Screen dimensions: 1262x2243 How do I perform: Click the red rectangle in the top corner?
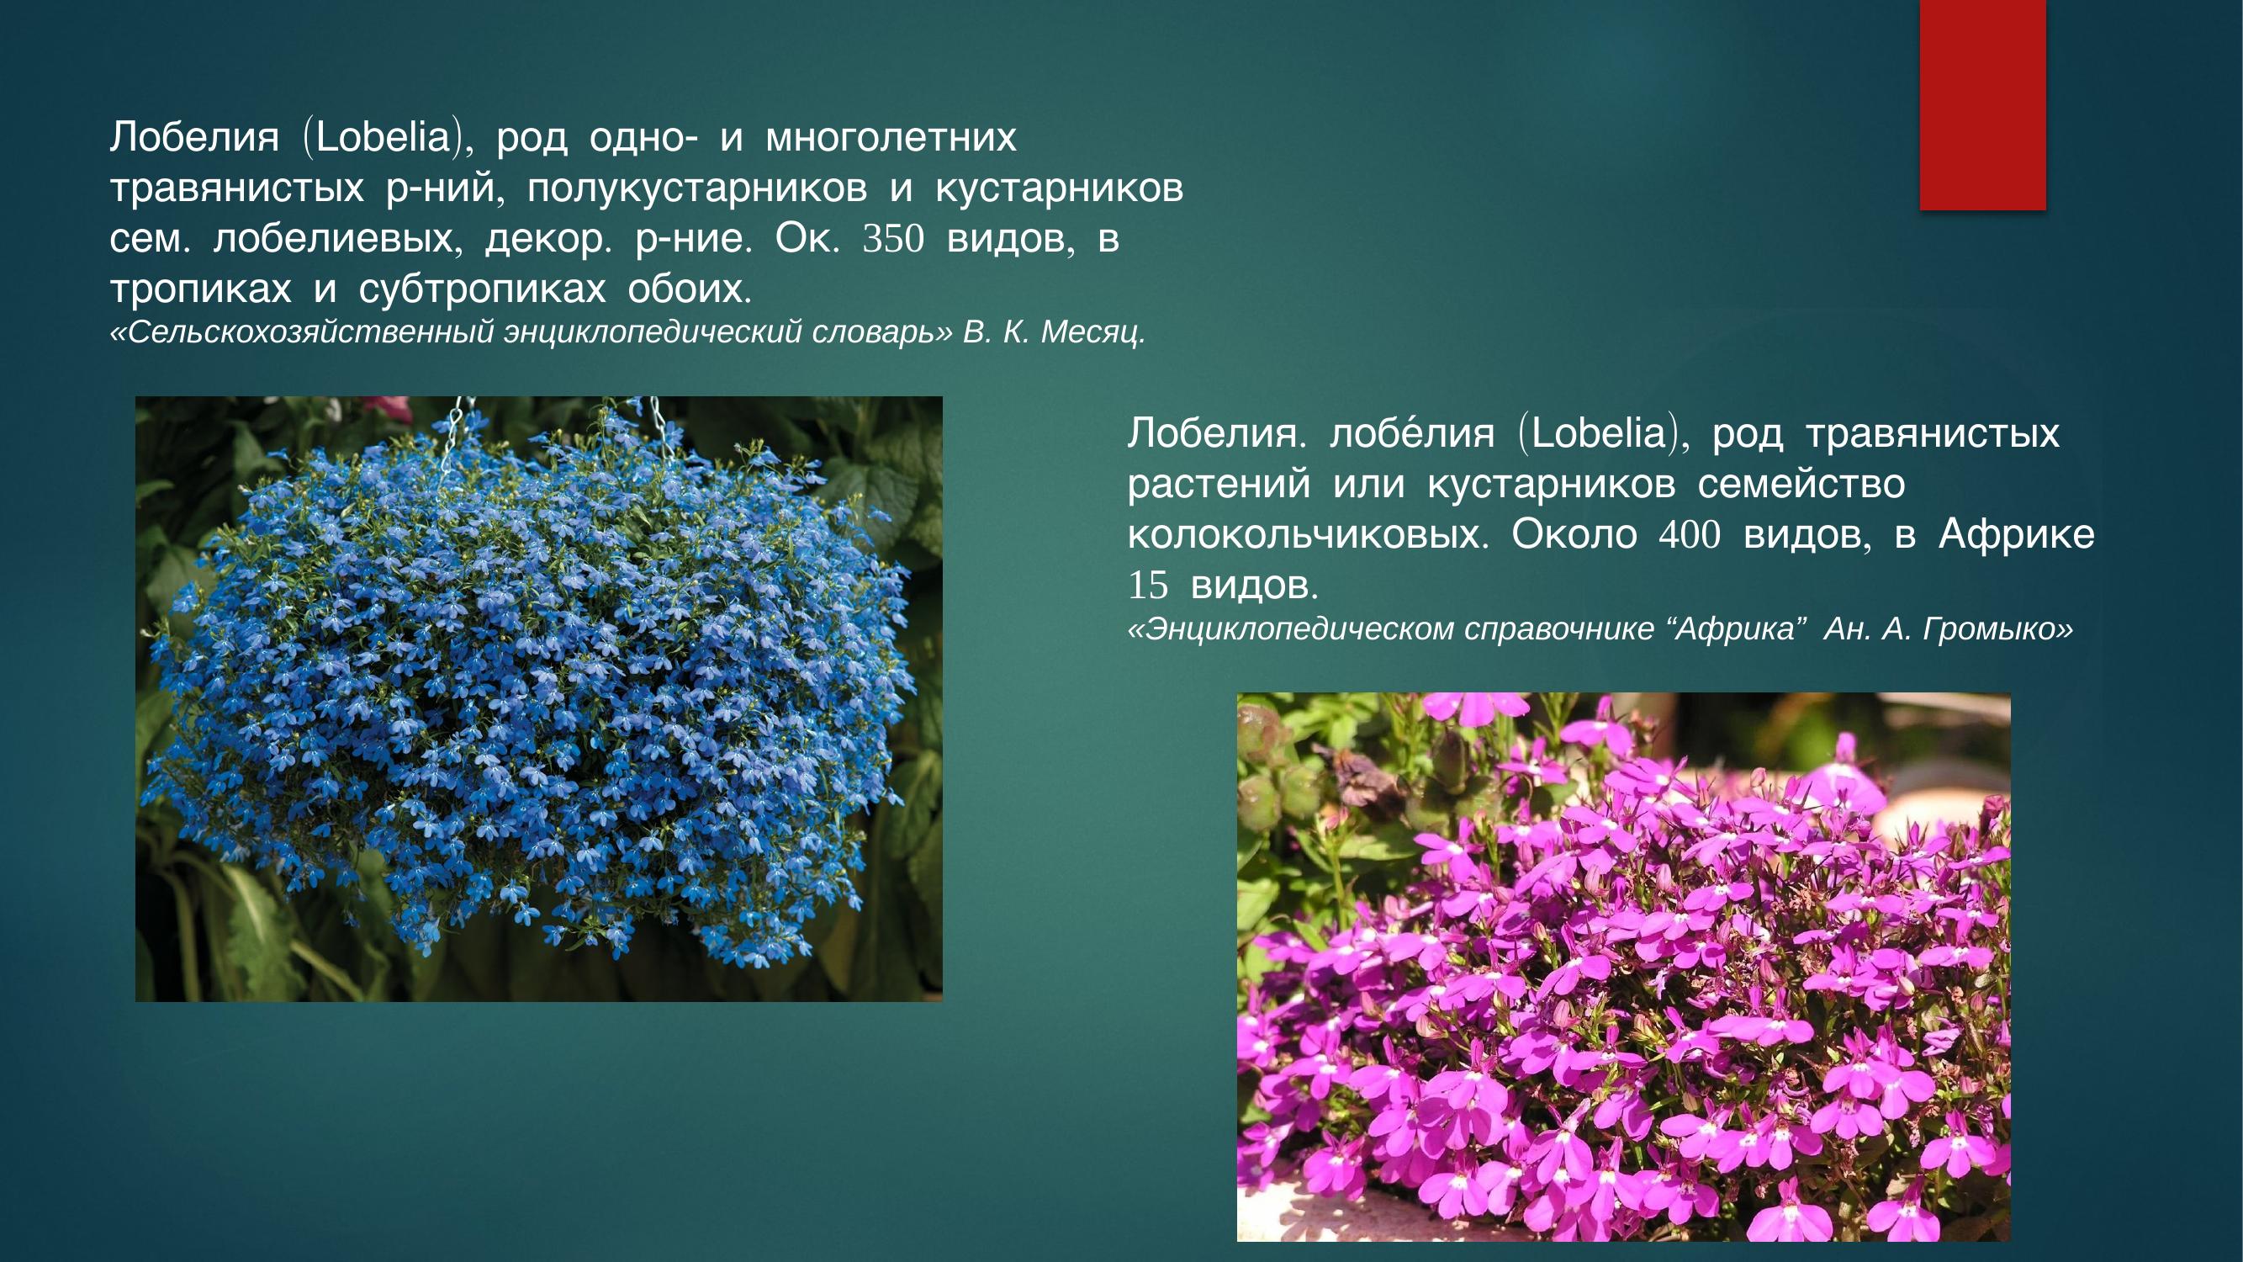tap(1982, 104)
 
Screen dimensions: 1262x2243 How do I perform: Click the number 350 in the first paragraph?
tap(892, 240)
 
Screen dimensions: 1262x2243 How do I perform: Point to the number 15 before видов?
tap(1147, 586)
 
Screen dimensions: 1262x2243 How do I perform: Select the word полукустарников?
tap(696, 189)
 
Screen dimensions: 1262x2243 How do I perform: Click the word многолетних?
tap(891, 139)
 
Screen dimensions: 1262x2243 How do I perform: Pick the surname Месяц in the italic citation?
tap(1092, 332)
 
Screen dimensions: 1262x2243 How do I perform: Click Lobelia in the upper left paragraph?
tap(383, 139)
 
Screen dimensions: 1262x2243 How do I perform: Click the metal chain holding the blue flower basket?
tap(453, 436)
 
